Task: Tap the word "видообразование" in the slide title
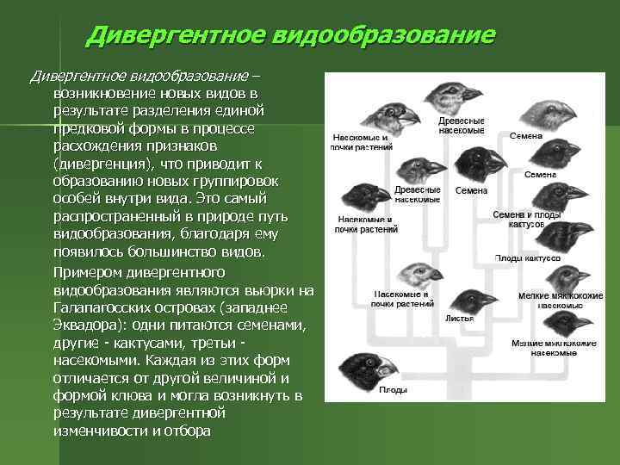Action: [x=383, y=35]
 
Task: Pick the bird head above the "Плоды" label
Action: [x=365, y=366]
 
